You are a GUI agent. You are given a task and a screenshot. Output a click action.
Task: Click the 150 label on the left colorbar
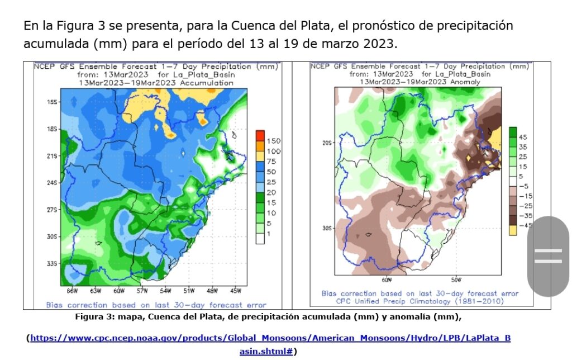pos(273,140)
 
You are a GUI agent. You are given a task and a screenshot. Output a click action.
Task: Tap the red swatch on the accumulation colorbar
pos(260,135)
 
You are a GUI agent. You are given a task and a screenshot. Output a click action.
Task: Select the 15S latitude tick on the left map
pos(53,102)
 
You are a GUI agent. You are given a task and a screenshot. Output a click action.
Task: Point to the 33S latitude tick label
pos(53,263)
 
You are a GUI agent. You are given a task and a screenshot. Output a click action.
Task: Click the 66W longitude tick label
pos(72,291)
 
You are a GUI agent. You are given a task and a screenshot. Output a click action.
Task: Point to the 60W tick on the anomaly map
pos(386,280)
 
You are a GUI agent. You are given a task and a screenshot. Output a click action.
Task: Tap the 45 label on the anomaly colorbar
pos(523,137)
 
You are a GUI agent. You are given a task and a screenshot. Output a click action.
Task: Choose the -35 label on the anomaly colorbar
pos(525,215)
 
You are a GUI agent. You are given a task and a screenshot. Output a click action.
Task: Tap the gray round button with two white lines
pos(548,256)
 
